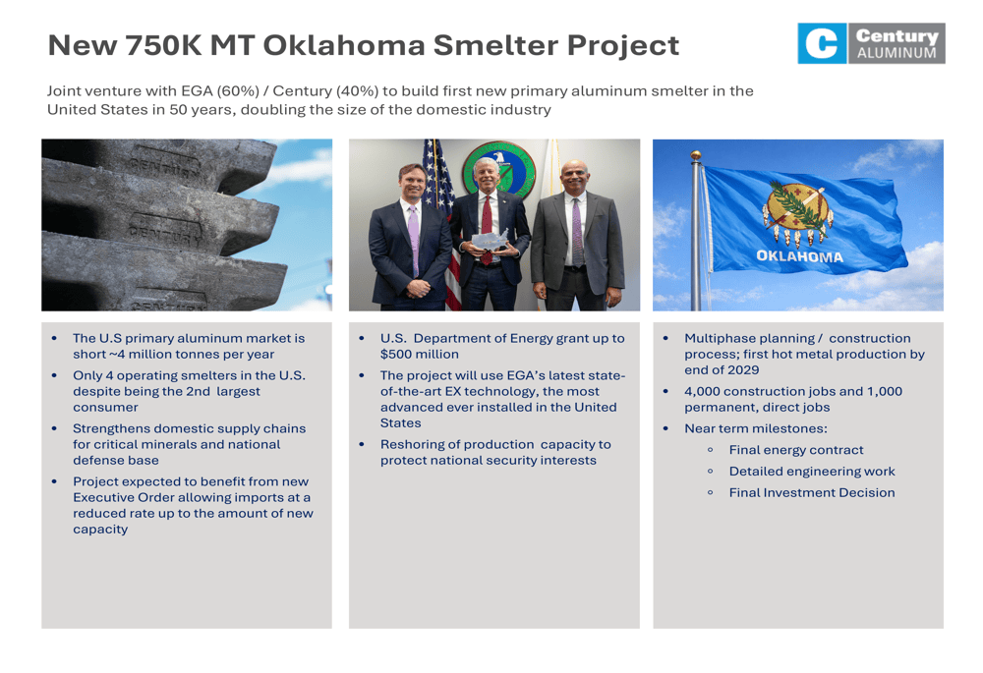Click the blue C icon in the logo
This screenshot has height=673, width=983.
[x=822, y=43]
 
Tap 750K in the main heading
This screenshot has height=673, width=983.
[x=163, y=45]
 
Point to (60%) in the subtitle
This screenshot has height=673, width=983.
[x=238, y=90]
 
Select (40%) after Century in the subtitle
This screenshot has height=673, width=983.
[x=358, y=90]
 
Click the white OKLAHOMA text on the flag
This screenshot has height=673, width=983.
[x=800, y=256]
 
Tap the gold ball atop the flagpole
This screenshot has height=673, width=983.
[x=695, y=155]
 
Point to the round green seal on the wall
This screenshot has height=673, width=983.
[x=499, y=169]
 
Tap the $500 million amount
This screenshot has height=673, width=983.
[x=420, y=354]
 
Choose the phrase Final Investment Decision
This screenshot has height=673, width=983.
[x=812, y=492]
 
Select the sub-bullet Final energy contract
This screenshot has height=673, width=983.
[x=796, y=450]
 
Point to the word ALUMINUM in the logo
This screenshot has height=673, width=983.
[x=896, y=53]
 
